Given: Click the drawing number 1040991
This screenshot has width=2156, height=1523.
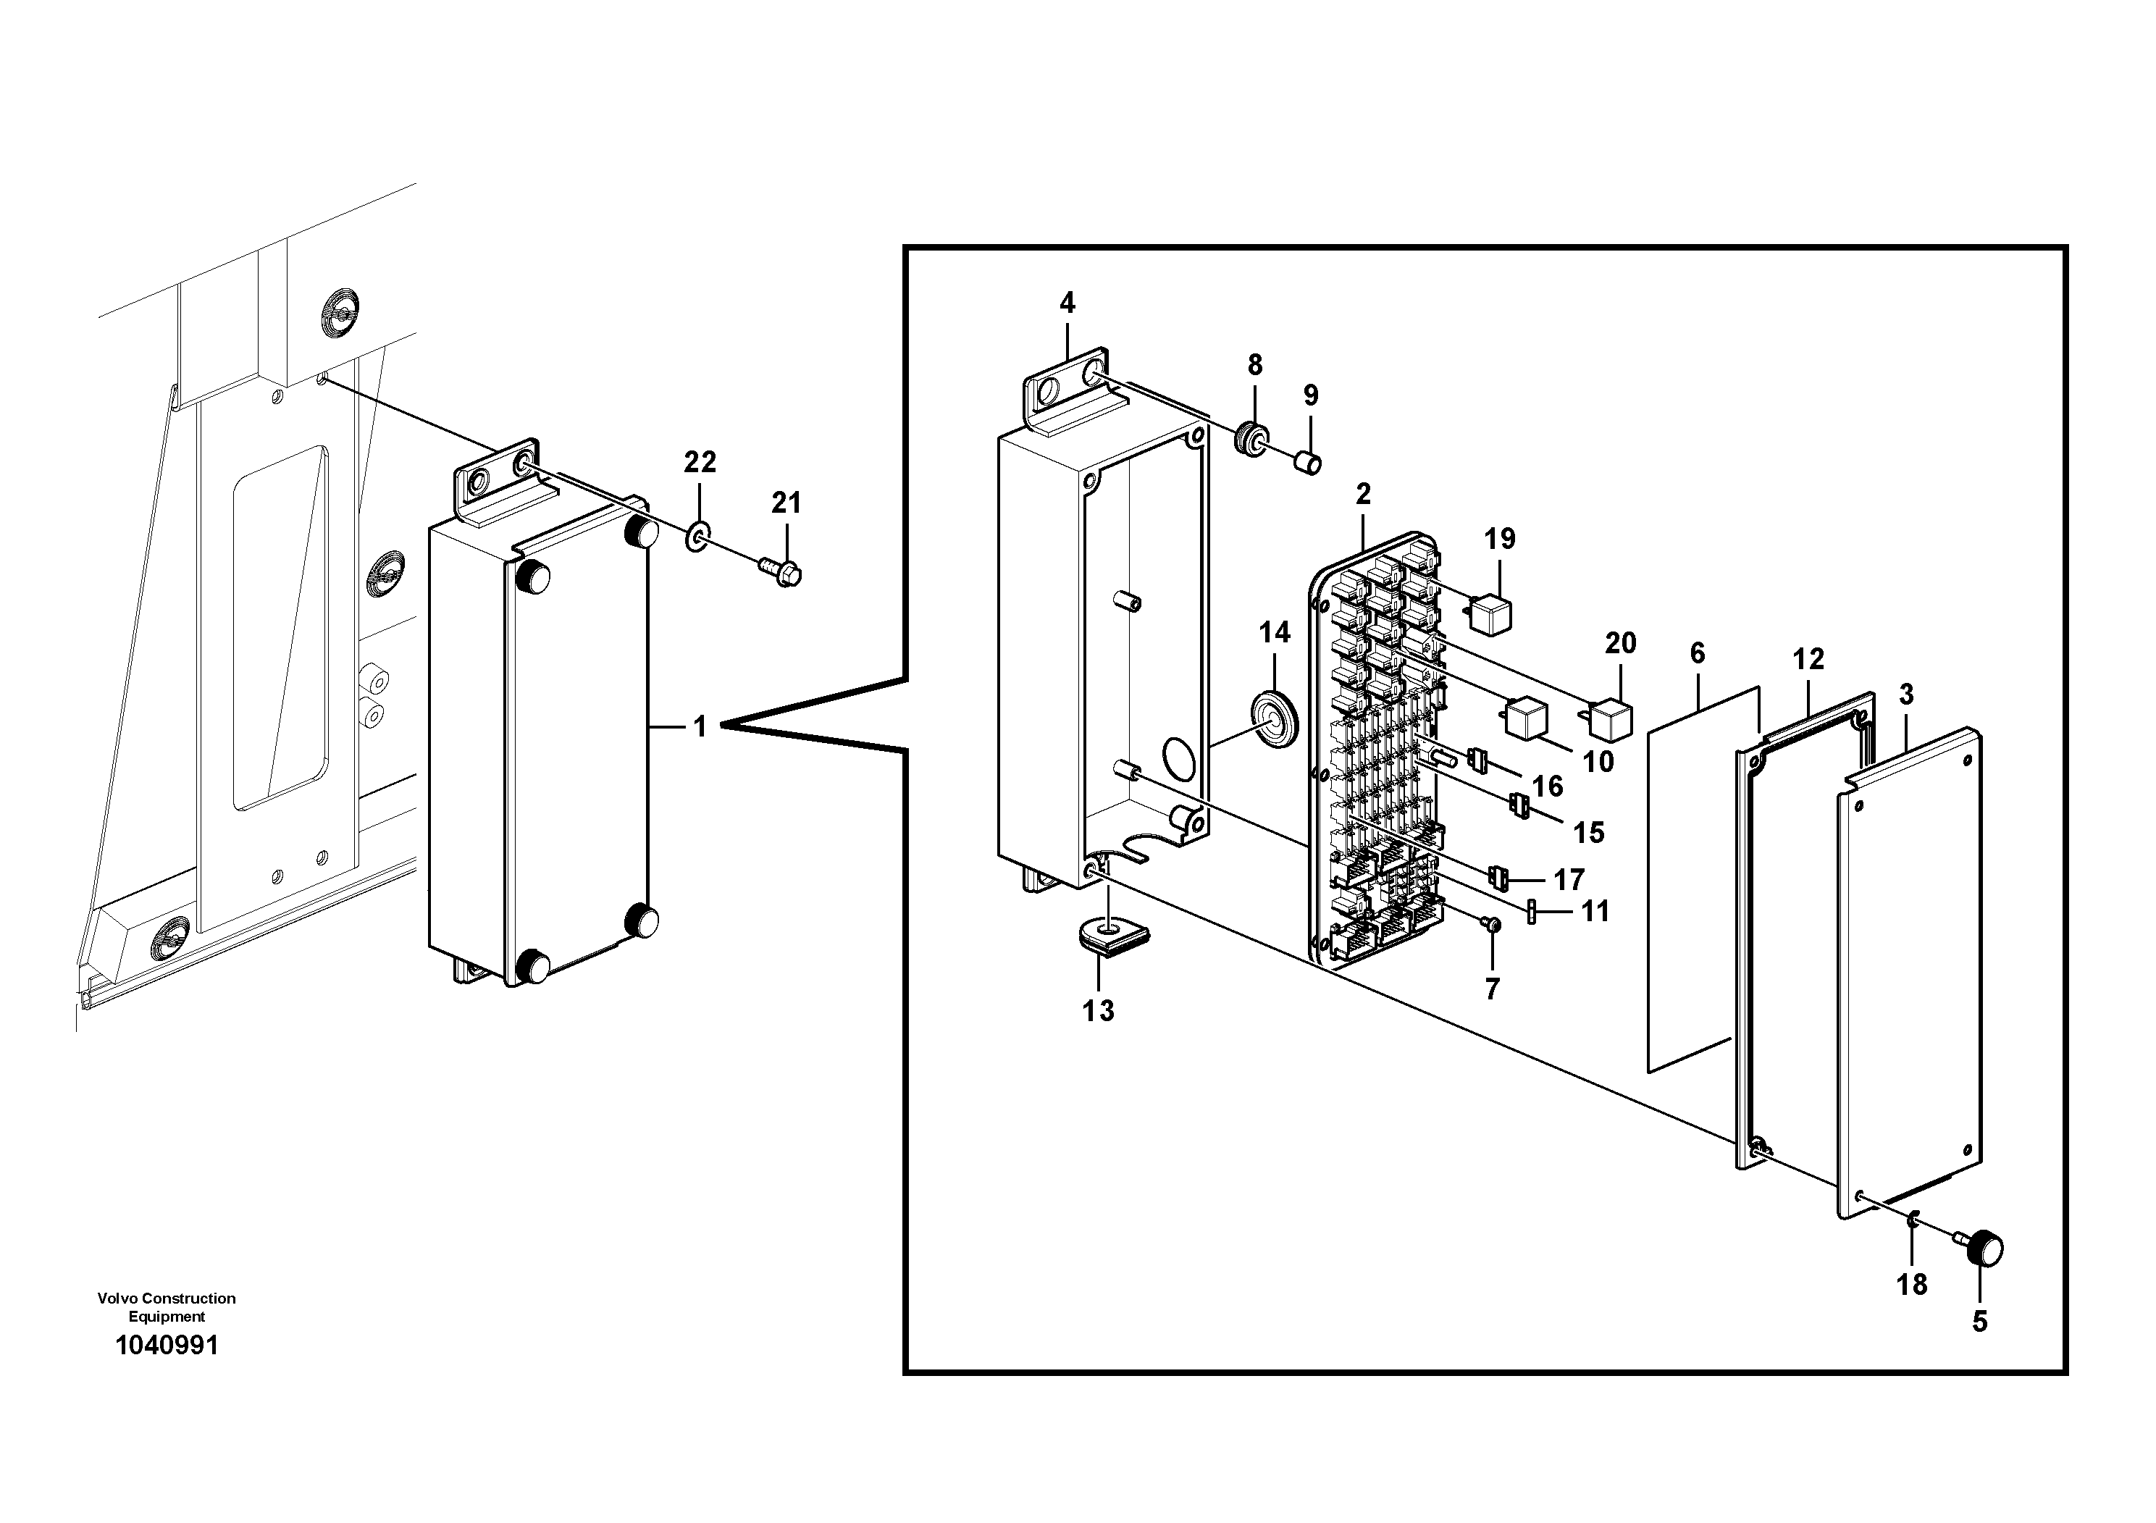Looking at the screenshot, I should coord(166,1346).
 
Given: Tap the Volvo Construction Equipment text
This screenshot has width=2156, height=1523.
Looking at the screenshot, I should coord(166,1307).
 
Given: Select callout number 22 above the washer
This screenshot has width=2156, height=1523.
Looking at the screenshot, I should coord(700,462).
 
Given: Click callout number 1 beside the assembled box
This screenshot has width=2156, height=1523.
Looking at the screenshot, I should coord(700,727).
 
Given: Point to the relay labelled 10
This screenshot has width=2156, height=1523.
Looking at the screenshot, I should coord(1526,718).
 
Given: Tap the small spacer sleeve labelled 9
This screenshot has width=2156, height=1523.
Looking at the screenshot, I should coord(1309,462).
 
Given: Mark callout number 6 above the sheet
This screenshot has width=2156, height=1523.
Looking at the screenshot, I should coord(1697,653).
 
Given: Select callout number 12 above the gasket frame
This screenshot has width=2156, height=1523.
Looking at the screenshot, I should coord(1808,659).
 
